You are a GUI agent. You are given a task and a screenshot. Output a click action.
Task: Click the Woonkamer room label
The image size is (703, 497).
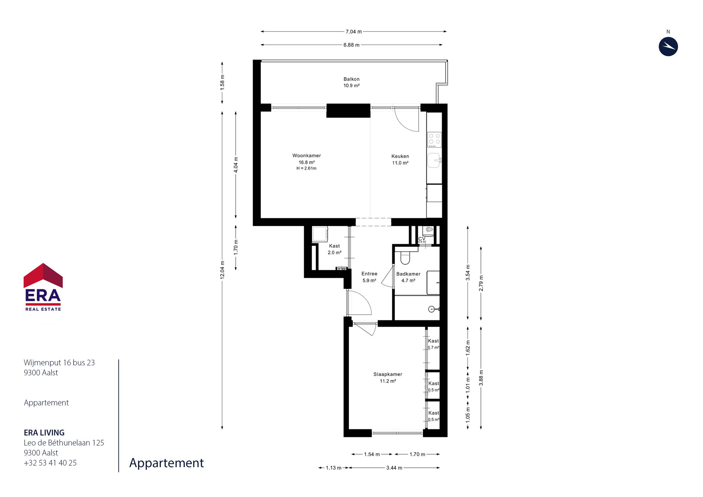tap(306, 156)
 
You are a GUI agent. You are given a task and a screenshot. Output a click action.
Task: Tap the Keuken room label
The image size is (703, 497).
tap(400, 156)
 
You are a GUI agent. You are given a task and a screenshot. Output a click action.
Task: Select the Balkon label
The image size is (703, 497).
tap(351, 79)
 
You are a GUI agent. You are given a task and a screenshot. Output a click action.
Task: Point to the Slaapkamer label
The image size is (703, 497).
tap(388, 374)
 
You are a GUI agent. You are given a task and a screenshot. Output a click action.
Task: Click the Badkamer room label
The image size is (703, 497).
tap(408, 274)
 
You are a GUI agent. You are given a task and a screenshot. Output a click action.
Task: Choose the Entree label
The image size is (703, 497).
tap(369, 274)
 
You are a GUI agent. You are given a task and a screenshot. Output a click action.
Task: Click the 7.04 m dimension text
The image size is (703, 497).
tap(354, 32)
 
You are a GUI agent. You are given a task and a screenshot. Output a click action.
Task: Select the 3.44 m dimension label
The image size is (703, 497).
tap(394, 468)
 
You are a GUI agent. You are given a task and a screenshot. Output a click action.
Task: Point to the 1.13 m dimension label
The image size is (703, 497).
tap(333, 468)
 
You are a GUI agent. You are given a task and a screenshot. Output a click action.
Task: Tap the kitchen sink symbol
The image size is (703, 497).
tap(434, 160)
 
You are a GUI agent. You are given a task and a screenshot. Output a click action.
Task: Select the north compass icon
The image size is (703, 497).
tap(668, 47)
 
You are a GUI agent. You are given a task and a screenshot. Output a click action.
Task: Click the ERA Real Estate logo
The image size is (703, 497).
tap(43, 287)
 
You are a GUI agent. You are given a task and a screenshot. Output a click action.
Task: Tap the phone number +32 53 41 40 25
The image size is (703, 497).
tap(50, 463)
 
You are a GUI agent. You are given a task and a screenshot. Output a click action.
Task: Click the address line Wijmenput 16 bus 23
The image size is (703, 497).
tap(59, 362)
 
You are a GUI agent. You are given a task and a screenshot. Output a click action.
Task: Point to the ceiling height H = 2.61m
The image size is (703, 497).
tap(306, 168)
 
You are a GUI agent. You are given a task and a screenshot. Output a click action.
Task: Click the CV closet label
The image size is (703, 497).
tap(422, 239)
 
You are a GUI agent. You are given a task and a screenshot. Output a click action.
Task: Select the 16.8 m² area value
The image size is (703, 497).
tap(306, 162)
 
